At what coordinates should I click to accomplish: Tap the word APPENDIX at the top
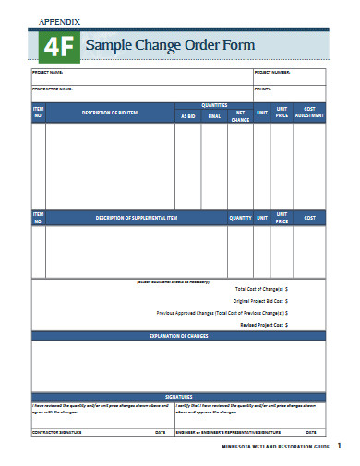60,20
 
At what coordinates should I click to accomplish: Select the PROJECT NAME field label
48,72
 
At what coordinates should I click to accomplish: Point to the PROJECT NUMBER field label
273,72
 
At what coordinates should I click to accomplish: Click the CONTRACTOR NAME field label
53,89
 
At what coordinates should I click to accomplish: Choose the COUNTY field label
263,89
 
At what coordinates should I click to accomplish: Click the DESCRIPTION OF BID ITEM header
111,113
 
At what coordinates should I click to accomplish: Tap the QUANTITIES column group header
214,106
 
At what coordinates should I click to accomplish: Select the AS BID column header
188,116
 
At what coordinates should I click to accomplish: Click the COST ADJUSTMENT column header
309,113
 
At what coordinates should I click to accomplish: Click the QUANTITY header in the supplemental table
240,218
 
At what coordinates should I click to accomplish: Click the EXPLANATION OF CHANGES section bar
179,336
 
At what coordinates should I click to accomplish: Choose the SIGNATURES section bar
179,396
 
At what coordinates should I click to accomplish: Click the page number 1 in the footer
339,447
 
